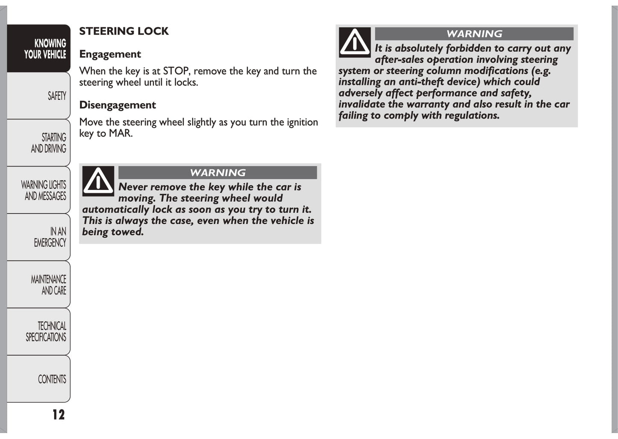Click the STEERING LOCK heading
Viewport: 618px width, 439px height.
[124, 31]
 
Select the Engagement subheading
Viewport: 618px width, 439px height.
[110, 54]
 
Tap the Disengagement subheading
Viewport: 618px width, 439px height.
[117, 105]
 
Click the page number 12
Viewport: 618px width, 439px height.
[59, 414]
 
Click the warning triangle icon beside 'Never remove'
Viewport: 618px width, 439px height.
[98, 181]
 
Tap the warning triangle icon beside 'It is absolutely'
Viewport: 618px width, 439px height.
[355, 42]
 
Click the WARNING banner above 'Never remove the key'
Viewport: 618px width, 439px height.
[217, 172]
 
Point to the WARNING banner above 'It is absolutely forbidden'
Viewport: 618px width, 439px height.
[474, 34]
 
